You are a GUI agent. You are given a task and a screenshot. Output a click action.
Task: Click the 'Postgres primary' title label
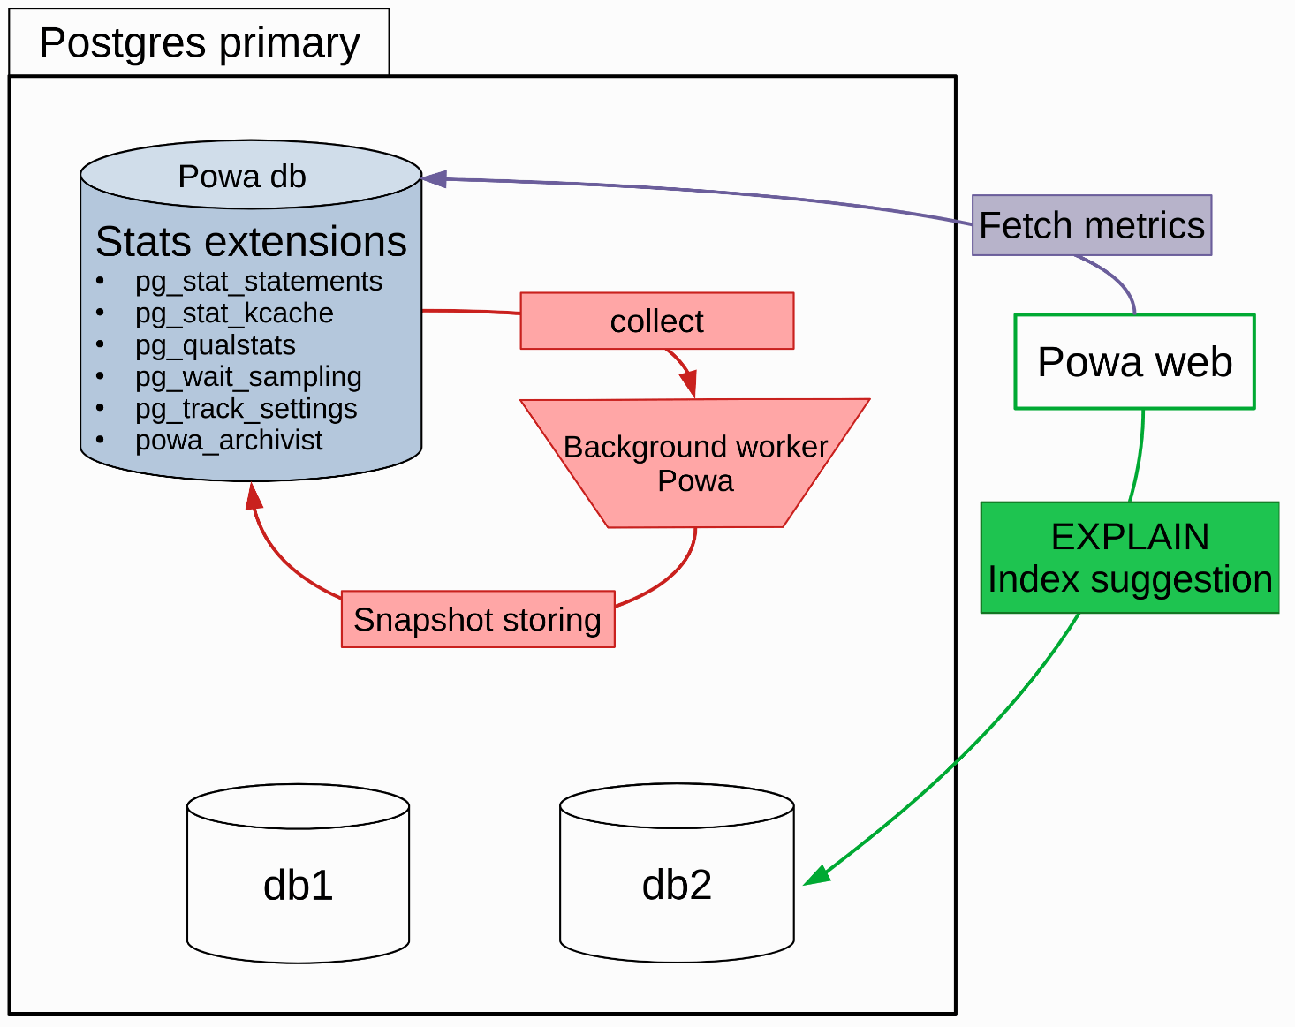(x=199, y=42)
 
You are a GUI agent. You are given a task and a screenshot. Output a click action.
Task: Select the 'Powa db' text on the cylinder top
(x=242, y=176)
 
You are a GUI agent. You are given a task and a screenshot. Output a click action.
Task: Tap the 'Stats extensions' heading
(x=251, y=241)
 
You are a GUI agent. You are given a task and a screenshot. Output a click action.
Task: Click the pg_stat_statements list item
(x=258, y=281)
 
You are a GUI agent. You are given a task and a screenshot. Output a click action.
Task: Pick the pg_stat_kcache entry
(x=234, y=313)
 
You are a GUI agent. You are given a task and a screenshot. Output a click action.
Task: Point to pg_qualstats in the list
(x=215, y=344)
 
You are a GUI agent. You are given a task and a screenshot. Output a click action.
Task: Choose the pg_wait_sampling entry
(x=248, y=376)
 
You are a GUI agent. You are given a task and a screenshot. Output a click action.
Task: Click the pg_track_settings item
(x=246, y=408)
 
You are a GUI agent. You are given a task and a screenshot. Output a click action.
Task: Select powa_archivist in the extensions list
(x=229, y=440)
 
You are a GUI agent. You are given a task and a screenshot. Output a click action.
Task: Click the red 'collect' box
(x=656, y=321)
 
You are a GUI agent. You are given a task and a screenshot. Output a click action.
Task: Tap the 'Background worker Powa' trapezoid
(x=695, y=464)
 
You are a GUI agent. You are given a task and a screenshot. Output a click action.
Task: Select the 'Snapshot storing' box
(x=477, y=619)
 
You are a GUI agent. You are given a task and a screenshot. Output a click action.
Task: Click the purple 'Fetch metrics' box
(x=1091, y=225)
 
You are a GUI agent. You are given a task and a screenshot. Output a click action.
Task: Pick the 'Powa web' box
(x=1134, y=361)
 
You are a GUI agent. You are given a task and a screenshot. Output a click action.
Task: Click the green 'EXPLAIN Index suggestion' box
(x=1129, y=557)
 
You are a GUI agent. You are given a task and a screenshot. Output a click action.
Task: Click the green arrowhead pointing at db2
(x=815, y=876)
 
